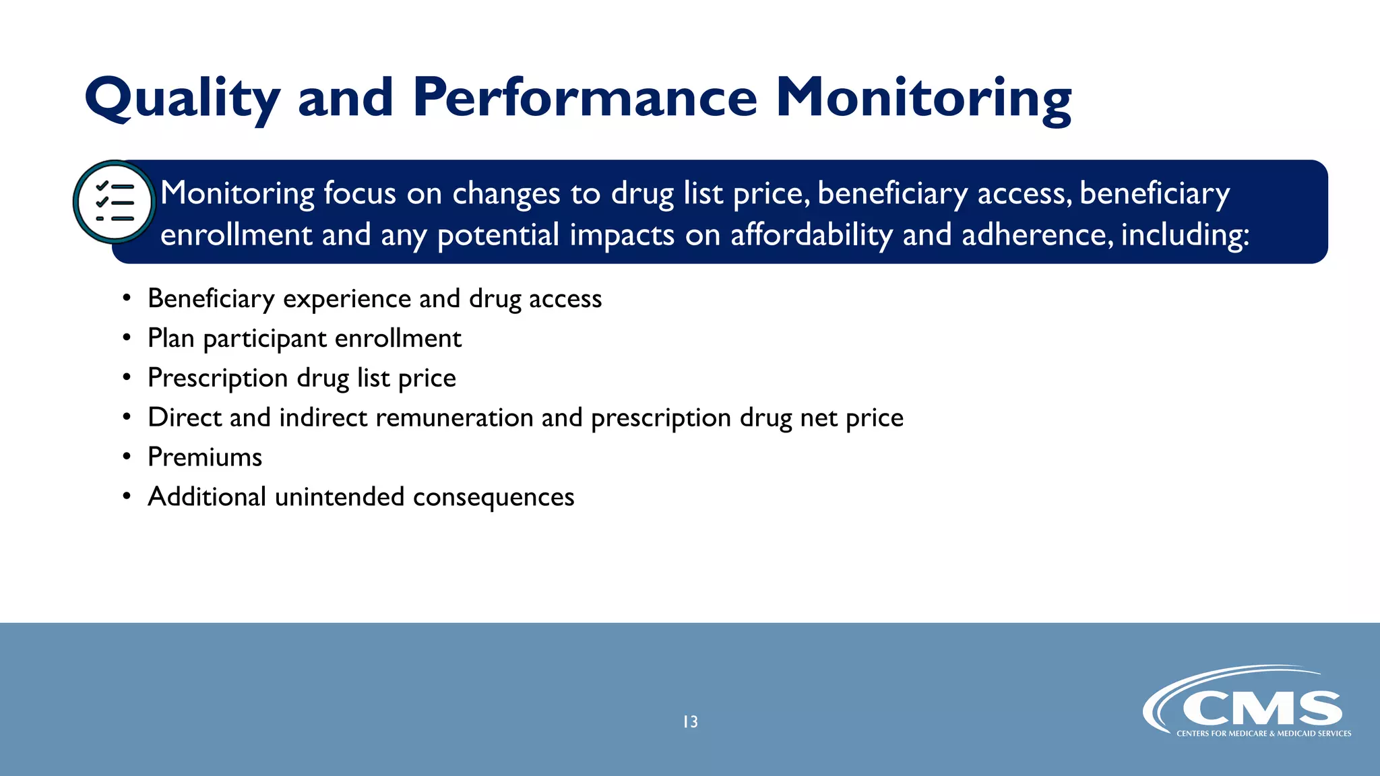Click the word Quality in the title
(182, 98)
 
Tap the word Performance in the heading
(585, 98)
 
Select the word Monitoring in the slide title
(923, 98)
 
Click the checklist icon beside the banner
(115, 202)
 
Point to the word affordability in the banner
(811, 235)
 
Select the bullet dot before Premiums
(127, 457)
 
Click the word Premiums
(205, 457)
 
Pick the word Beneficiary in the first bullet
(211, 299)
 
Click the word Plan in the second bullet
(170, 338)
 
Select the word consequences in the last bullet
(493, 497)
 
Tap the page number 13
(690, 722)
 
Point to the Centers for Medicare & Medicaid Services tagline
(1263, 734)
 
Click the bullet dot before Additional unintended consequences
(127, 496)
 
